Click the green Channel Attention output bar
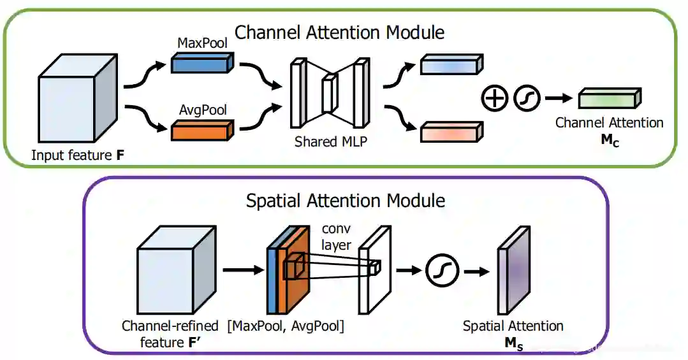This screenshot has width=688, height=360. (609, 99)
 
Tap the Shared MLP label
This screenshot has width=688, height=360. (330, 141)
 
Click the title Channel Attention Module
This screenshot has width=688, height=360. (339, 31)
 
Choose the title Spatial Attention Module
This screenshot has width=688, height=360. (346, 201)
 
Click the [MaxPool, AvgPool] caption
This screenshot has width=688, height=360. (286, 327)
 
